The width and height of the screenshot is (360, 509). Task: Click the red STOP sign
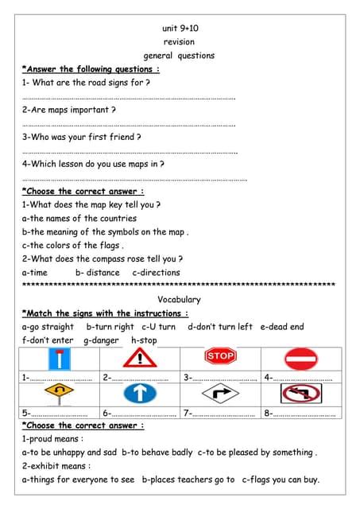tap(220, 356)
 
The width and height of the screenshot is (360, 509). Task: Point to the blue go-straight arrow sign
tap(140, 393)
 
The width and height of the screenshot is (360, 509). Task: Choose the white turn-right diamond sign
tap(220, 393)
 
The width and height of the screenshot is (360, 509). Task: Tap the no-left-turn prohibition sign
tap(300, 393)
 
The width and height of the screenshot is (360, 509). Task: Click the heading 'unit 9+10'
tap(180, 28)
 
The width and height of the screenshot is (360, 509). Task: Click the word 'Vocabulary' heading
tap(179, 300)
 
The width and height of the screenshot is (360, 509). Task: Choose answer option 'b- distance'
tap(97, 273)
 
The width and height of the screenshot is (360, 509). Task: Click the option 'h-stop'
tap(144, 340)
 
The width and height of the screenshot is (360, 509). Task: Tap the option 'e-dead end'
tap(282, 327)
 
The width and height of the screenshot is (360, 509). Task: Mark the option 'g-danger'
tap(101, 340)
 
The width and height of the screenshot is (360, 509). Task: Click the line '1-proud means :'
tap(52, 439)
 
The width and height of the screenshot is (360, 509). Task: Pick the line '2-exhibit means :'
tap(56, 466)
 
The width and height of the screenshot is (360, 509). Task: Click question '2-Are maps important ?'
tap(69, 110)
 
